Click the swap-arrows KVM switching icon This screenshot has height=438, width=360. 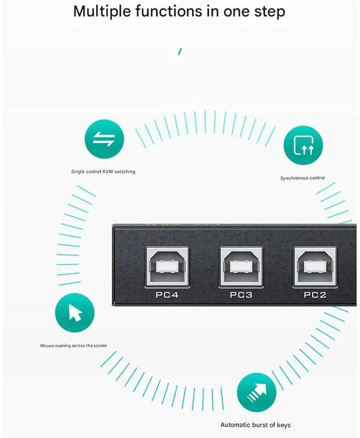coord(104,141)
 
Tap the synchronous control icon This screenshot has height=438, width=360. coord(303,145)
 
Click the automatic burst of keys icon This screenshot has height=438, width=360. coord(256,391)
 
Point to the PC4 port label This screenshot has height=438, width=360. coord(166,295)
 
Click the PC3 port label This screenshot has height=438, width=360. coord(241,295)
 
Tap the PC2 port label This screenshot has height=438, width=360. coord(315,295)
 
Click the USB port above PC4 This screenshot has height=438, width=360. coord(166,265)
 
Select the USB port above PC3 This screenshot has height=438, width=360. coord(241,265)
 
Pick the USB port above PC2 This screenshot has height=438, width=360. coord(314,265)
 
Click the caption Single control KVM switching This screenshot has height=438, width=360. coord(103,171)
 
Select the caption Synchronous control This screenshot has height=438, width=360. coord(303,178)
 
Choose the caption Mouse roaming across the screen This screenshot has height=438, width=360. coord(73,346)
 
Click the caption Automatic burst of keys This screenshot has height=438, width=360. coord(255,425)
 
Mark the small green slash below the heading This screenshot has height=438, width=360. coord(179,52)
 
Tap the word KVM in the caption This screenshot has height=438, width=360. coord(107,171)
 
